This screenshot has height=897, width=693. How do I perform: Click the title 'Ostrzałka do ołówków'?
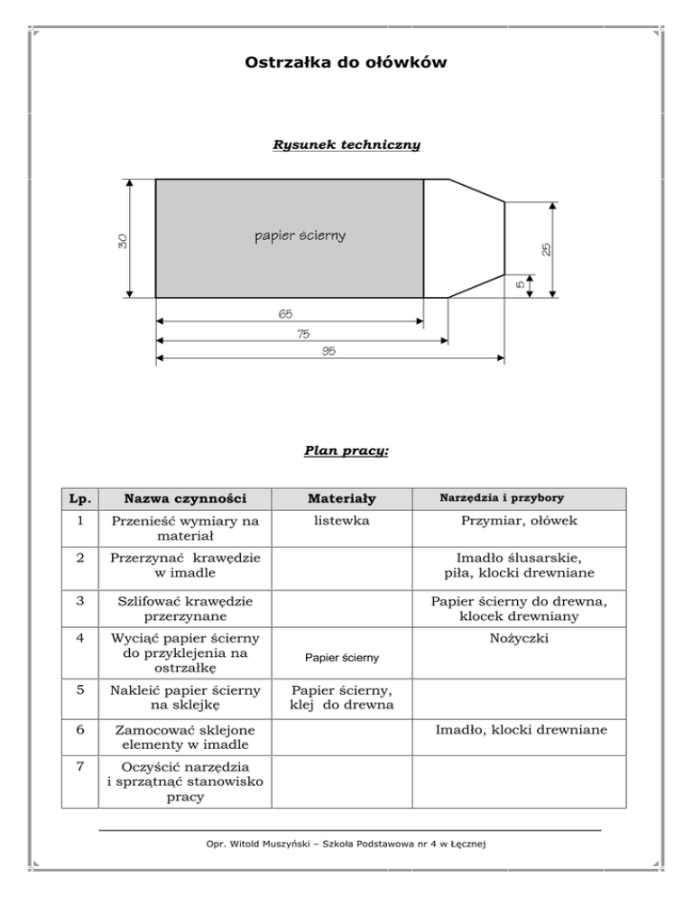346,63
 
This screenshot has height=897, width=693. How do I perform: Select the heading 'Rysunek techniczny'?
346,143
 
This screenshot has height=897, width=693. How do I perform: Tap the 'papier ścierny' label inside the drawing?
300,236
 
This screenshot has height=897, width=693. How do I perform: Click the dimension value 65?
285,314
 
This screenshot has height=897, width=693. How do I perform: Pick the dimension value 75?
302,334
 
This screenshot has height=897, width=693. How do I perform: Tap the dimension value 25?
547,246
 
